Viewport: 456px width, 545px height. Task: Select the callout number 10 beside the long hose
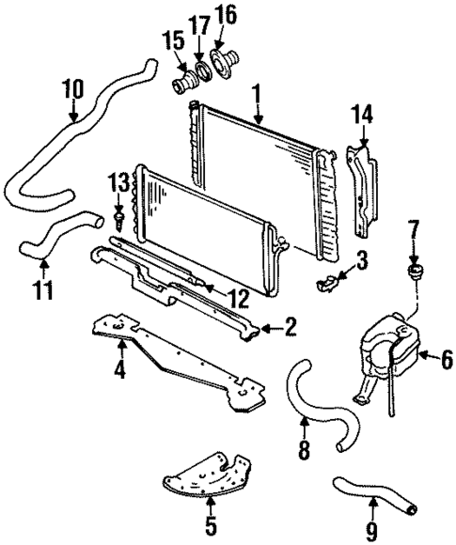click(73, 91)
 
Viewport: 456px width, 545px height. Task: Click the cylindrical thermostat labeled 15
click(180, 83)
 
